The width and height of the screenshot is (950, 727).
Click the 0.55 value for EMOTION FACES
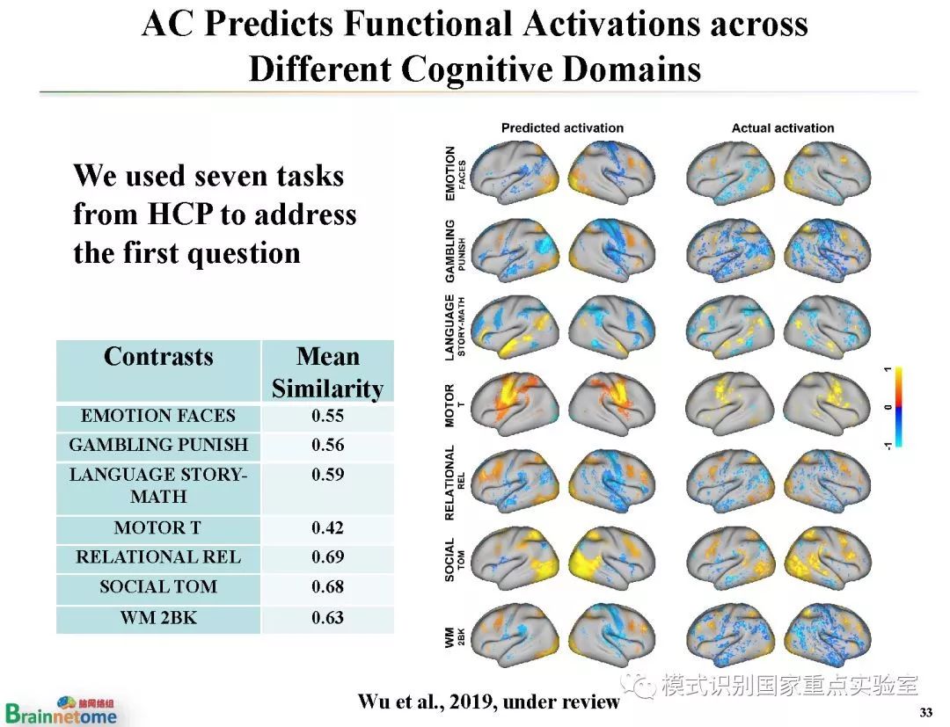(x=327, y=416)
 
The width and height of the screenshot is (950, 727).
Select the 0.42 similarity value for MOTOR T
(x=327, y=528)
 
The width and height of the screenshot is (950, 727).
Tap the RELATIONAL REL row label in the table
(x=158, y=557)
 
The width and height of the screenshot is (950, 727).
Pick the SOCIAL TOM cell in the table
(x=158, y=586)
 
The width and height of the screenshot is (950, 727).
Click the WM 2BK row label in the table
(x=158, y=617)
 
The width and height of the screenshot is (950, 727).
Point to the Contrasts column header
(x=158, y=357)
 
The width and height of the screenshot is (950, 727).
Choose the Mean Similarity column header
(x=327, y=373)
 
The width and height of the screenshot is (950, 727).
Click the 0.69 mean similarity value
(x=327, y=557)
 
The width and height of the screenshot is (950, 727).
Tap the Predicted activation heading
(x=562, y=128)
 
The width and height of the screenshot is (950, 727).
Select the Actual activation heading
(x=783, y=128)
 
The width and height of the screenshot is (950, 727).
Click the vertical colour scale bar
(x=898, y=407)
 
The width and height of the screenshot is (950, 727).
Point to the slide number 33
(x=924, y=711)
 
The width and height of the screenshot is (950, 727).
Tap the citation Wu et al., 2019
(x=488, y=702)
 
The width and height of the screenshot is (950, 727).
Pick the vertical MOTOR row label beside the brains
(x=450, y=404)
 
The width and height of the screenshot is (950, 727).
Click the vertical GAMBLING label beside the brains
(x=450, y=251)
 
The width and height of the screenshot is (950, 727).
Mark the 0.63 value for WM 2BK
(x=327, y=617)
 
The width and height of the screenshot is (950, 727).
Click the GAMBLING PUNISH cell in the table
(x=158, y=445)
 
